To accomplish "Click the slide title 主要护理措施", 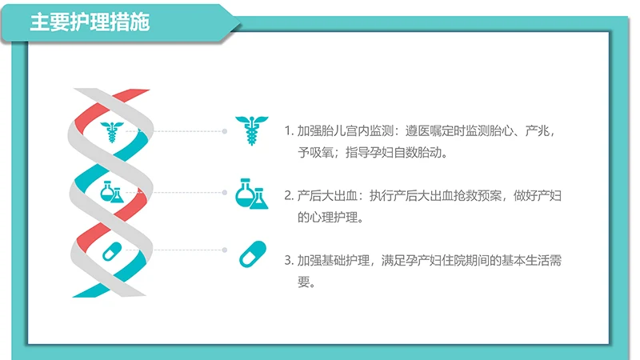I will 90,22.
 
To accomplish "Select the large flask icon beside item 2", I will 250,194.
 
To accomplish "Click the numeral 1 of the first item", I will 288,131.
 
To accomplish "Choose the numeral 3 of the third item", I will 288,261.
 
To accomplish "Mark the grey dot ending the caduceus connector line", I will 226,130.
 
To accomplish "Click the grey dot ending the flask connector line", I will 226,193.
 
